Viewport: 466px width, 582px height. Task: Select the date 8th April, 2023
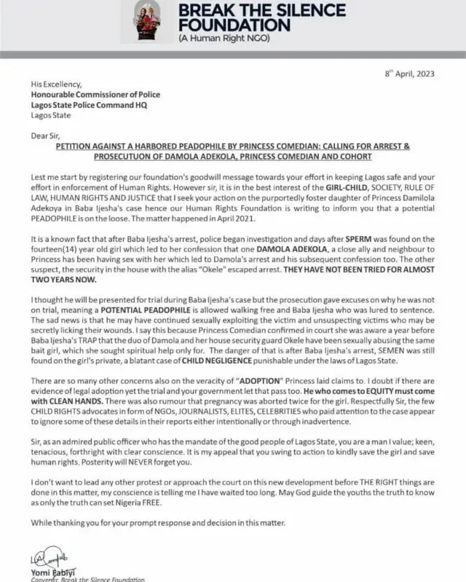pyautogui.click(x=408, y=75)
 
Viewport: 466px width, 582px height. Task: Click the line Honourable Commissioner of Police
pyautogui.click(x=95, y=95)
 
